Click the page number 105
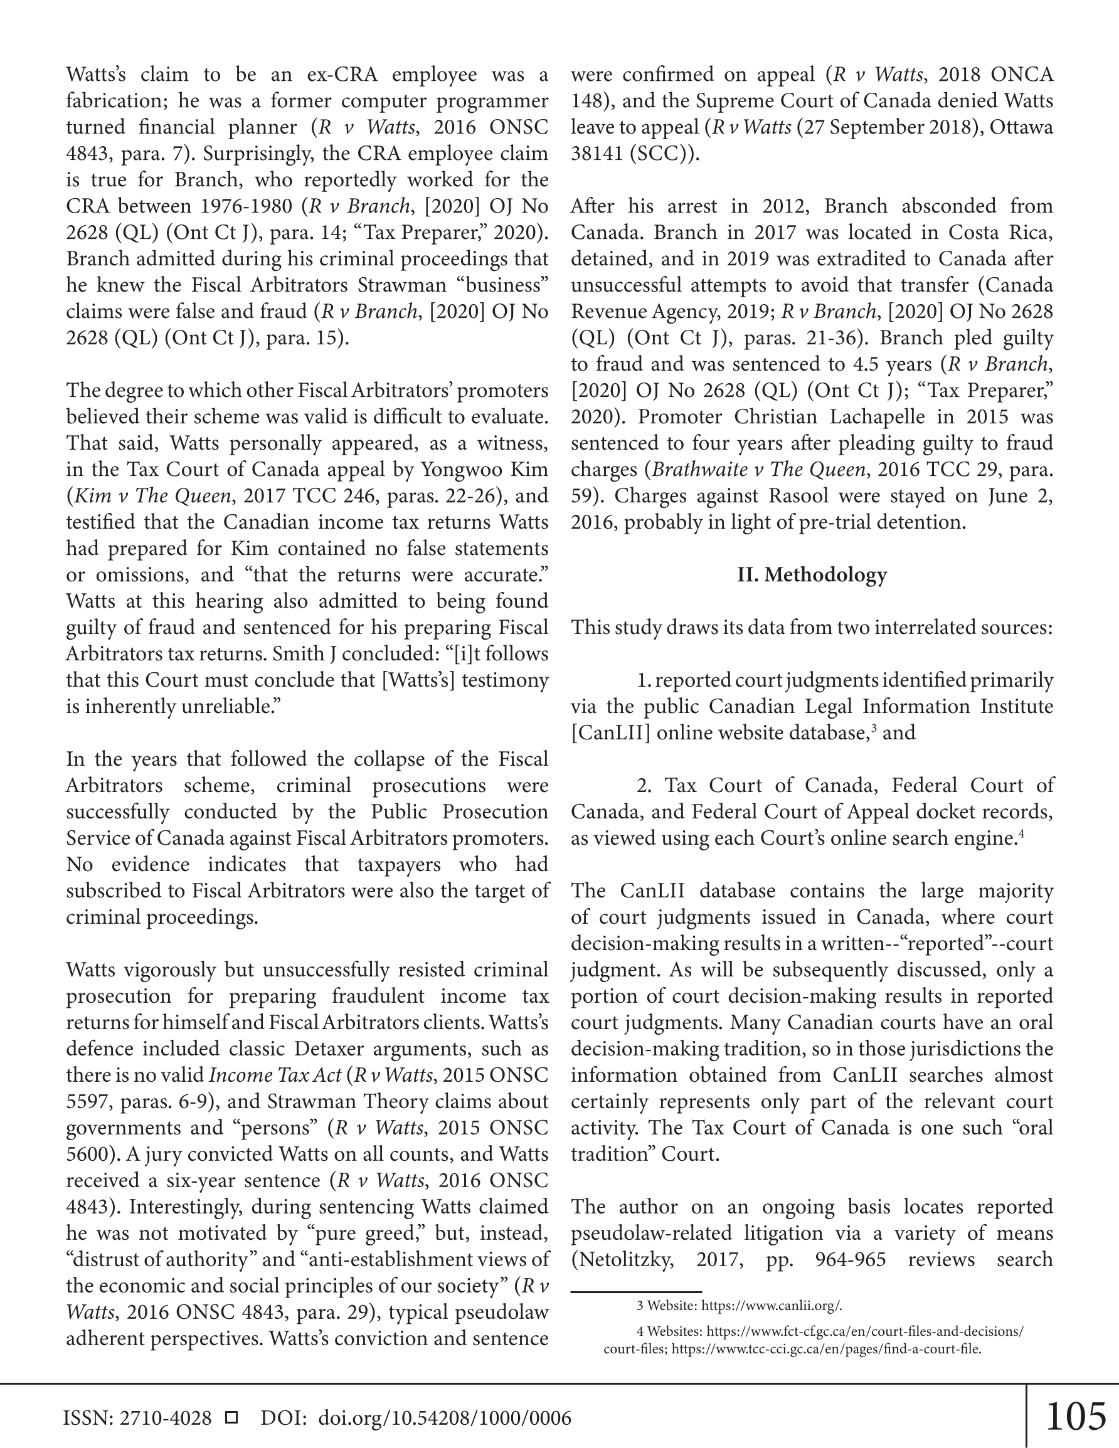coord(1075,1416)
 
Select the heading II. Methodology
coord(811,575)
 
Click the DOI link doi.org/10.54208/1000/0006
coord(445,1418)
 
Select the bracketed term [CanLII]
coord(610,732)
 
